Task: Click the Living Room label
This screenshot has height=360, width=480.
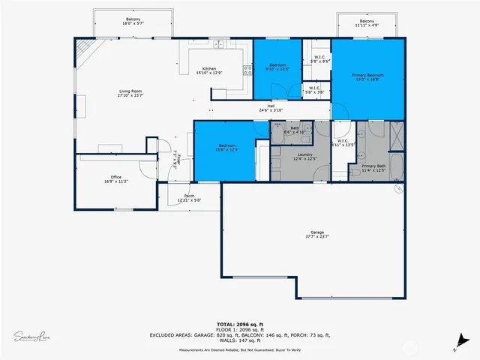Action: [130, 93]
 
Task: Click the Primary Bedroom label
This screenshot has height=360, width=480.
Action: [368, 76]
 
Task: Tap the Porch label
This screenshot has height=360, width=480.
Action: [189, 197]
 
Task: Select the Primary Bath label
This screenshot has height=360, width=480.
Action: [373, 168]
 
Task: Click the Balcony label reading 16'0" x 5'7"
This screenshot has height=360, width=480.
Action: [133, 22]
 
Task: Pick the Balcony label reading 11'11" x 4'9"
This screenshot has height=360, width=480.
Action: [367, 23]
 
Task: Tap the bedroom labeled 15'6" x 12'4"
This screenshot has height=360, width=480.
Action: [227, 148]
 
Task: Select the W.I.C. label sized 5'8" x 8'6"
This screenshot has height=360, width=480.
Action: [319, 58]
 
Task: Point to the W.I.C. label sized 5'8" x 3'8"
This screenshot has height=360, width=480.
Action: [316, 90]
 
